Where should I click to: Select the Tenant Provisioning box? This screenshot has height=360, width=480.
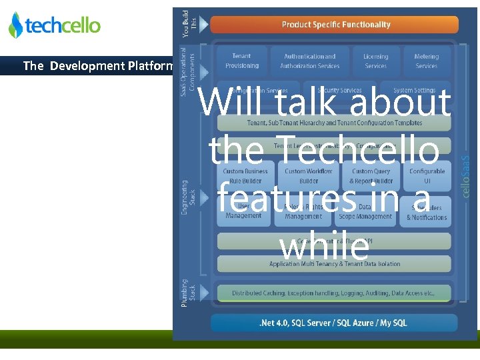[x=242, y=61]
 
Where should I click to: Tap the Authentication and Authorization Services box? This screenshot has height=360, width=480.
[x=309, y=61]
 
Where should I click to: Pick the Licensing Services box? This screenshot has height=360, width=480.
[x=375, y=61]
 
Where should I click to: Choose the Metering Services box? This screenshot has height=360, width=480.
[x=426, y=61]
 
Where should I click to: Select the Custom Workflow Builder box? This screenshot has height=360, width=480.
[x=309, y=176]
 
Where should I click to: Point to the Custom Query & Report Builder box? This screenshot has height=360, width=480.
[x=371, y=176]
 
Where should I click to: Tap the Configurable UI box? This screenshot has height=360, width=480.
[x=427, y=176]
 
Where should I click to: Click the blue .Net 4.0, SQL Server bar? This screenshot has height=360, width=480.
[x=333, y=323]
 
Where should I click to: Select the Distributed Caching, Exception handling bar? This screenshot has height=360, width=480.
[x=333, y=293]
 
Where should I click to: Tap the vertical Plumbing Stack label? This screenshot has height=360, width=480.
[x=188, y=293]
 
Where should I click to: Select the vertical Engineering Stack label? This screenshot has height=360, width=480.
[x=188, y=197]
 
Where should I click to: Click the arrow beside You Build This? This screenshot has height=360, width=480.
[x=203, y=25]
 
